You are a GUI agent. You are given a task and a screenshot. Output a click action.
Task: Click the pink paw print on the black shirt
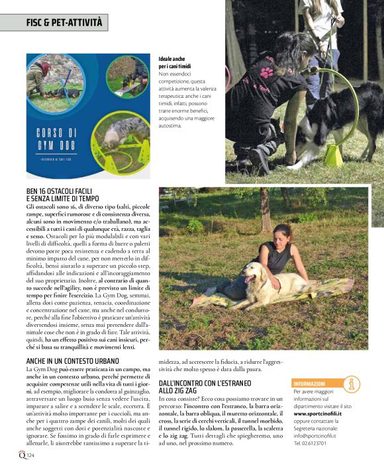coord(267,72)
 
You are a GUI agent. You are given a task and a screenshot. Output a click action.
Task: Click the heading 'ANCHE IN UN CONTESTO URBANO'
coord(73,361)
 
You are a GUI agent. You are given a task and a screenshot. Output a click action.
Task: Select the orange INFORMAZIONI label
coord(310,383)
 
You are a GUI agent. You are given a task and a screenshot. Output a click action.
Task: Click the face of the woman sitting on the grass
coord(282,234)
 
